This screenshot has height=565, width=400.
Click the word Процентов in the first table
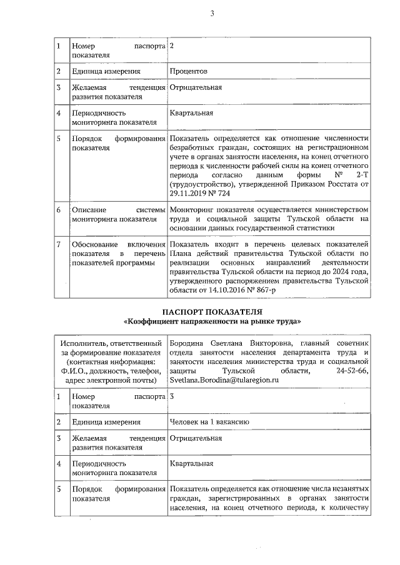point(189,72)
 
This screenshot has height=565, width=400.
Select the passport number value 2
point(172,46)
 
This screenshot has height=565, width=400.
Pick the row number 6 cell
point(58,210)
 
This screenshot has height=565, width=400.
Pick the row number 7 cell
point(58,243)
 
